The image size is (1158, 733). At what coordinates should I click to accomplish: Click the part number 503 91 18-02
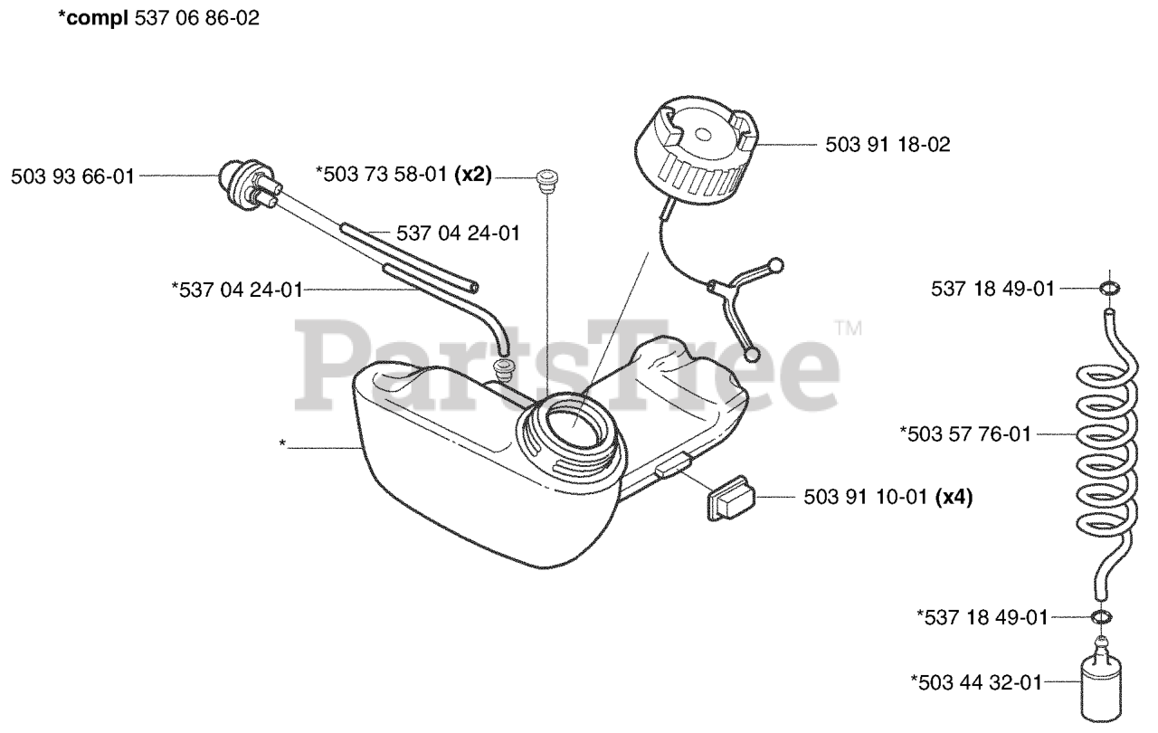click(887, 145)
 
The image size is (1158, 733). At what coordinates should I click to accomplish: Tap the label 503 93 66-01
click(71, 177)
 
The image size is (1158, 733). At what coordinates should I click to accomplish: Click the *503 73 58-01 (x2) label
click(403, 176)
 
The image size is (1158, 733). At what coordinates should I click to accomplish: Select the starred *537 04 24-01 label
click(236, 290)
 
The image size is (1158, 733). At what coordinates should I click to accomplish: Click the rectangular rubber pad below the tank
click(730, 497)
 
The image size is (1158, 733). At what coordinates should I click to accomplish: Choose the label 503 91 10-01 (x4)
click(887, 497)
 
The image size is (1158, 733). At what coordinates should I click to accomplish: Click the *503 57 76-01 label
click(965, 434)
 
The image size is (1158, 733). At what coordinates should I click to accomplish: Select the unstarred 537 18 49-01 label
click(992, 289)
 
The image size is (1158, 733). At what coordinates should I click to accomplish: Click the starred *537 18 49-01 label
click(982, 617)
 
